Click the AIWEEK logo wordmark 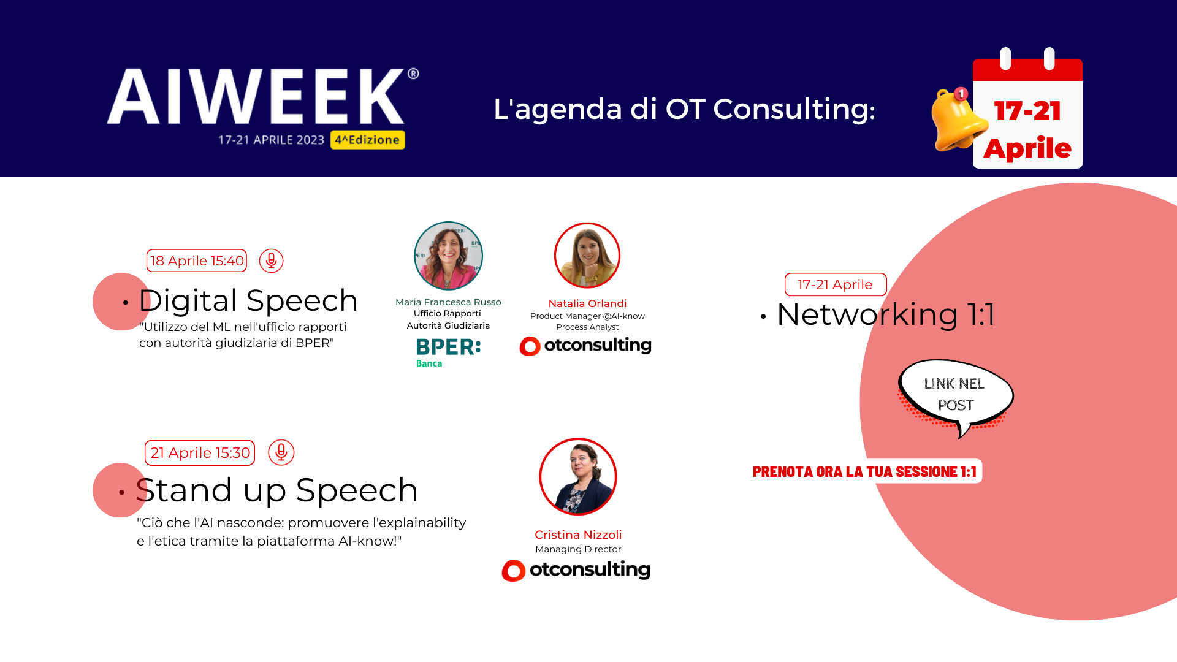coord(262,96)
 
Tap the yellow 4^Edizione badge coord(368,140)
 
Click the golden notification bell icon coord(958,120)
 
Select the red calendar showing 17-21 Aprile coord(1027,108)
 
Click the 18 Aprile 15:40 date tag coord(197,261)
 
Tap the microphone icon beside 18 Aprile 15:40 coord(271,261)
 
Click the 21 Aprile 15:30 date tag coord(200,453)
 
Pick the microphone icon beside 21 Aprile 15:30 coord(281,452)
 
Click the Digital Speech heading coord(248,300)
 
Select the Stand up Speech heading coord(277,490)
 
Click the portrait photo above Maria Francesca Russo coord(449,256)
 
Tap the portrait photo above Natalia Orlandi coord(587,256)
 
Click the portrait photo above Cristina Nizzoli coord(578,477)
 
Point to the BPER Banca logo coord(448,352)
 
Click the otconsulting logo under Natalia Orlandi coord(585,346)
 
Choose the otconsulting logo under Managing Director coord(576,570)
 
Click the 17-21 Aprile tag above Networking coord(836,284)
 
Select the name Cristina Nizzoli coord(578,535)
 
